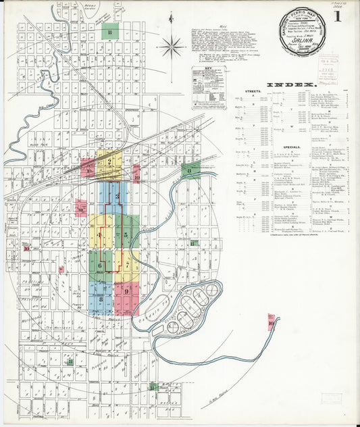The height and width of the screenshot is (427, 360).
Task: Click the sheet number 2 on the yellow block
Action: pos(108,161)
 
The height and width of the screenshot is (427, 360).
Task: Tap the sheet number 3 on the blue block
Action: pos(117,197)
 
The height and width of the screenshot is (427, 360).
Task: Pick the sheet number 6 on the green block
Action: pos(99,266)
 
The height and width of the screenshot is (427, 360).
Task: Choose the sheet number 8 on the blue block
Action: pos(101,298)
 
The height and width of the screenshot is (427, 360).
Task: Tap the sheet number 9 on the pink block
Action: pos(126,291)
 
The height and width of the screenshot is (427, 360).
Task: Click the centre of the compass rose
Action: pos(172,47)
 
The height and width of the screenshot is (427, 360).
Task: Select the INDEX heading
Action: pos(292,84)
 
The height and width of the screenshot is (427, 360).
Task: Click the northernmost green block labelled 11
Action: pos(109,31)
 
